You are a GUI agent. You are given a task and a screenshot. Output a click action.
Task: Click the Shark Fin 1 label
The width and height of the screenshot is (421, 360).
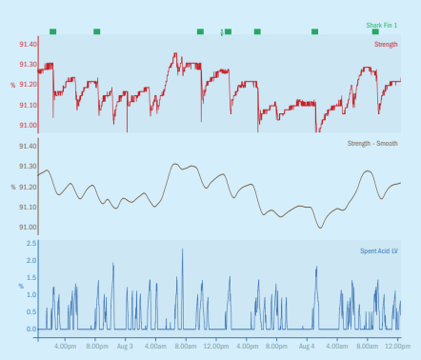[382, 26]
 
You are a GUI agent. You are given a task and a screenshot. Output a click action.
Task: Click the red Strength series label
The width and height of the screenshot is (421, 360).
[386, 44]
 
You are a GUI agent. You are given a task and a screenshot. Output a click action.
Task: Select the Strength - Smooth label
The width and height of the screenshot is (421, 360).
[372, 144]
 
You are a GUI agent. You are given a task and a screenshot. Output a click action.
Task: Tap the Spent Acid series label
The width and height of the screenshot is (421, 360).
[379, 250]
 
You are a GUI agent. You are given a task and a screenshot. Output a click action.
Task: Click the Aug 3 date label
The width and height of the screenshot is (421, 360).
[125, 347]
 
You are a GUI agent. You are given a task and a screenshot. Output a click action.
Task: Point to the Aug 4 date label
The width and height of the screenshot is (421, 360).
[307, 347]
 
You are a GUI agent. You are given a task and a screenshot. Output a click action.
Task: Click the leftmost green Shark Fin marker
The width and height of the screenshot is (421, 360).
[52, 31]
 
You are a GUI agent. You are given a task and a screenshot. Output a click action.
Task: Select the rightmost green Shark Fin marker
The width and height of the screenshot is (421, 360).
[375, 31]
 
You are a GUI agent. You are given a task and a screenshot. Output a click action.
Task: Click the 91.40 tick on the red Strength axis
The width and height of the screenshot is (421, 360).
[28, 45]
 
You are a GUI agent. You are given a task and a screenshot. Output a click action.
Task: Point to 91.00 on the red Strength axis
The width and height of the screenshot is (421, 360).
[28, 126]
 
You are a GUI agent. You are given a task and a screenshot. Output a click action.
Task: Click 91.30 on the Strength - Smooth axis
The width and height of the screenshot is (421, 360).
[28, 167]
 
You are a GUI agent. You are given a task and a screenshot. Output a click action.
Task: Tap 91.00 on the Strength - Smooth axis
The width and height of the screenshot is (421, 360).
[28, 228]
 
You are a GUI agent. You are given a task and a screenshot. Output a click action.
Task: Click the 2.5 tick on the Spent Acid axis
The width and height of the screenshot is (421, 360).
[30, 244]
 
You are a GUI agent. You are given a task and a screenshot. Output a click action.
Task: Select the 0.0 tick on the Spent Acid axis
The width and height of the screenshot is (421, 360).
[30, 330]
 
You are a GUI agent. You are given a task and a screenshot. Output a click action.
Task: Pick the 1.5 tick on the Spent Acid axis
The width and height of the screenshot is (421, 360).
[30, 278]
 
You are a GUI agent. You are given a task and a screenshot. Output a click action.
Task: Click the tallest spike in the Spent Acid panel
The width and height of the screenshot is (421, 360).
[182, 250]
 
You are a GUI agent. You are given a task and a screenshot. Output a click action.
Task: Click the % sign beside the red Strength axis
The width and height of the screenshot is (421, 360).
[12, 86]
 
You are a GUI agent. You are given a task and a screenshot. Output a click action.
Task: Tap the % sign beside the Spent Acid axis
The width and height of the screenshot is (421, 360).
[20, 286]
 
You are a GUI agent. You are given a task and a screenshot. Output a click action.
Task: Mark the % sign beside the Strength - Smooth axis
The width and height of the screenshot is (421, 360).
[12, 188]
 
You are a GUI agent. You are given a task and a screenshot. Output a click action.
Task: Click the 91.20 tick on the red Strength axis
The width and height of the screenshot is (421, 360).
[28, 85]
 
